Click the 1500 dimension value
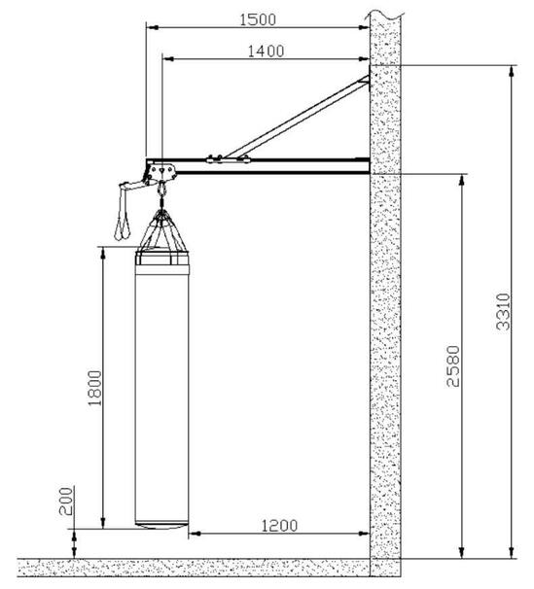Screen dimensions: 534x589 [258, 19]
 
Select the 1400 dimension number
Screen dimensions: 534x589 [266, 52]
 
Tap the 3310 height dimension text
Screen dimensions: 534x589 [503, 312]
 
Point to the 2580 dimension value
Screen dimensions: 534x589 [453, 366]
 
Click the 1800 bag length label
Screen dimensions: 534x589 [94, 388]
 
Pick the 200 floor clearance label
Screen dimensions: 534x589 [66, 502]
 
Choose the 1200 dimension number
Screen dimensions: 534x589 [279, 526]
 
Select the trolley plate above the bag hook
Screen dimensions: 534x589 [162, 172]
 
